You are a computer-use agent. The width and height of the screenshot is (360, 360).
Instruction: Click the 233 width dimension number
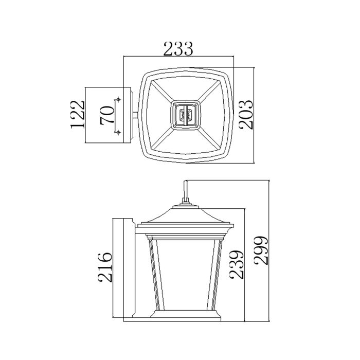point(178,49)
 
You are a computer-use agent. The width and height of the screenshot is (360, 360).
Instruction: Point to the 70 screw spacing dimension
point(107,115)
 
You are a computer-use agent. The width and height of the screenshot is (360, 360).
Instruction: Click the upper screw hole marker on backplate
point(119,99)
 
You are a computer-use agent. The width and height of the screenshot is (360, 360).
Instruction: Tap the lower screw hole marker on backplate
point(119,132)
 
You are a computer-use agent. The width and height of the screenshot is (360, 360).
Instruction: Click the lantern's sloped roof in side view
point(185,216)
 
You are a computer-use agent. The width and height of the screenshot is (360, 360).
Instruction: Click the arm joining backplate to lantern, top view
point(136,115)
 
